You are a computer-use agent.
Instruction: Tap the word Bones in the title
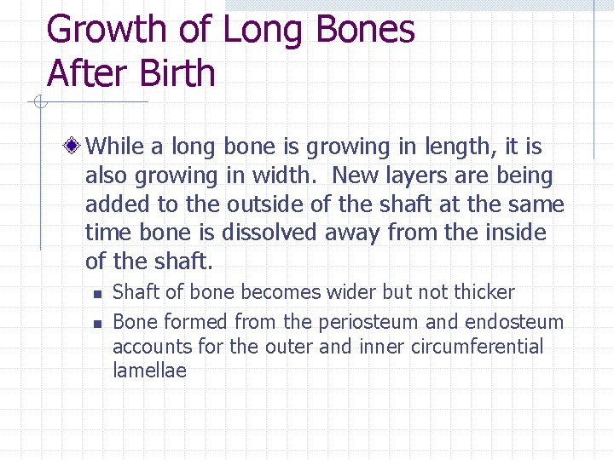(x=365, y=29)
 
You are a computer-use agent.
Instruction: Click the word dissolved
(x=273, y=233)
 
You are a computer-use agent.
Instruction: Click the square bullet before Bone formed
(x=97, y=324)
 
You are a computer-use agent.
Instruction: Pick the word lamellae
(x=149, y=371)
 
